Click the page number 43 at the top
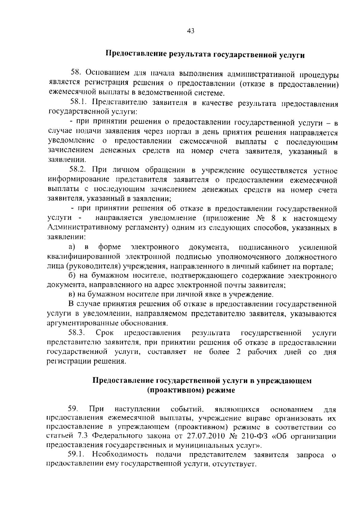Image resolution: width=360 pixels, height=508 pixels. pos(191,31)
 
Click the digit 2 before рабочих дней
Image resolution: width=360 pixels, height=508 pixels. pos(238,352)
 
